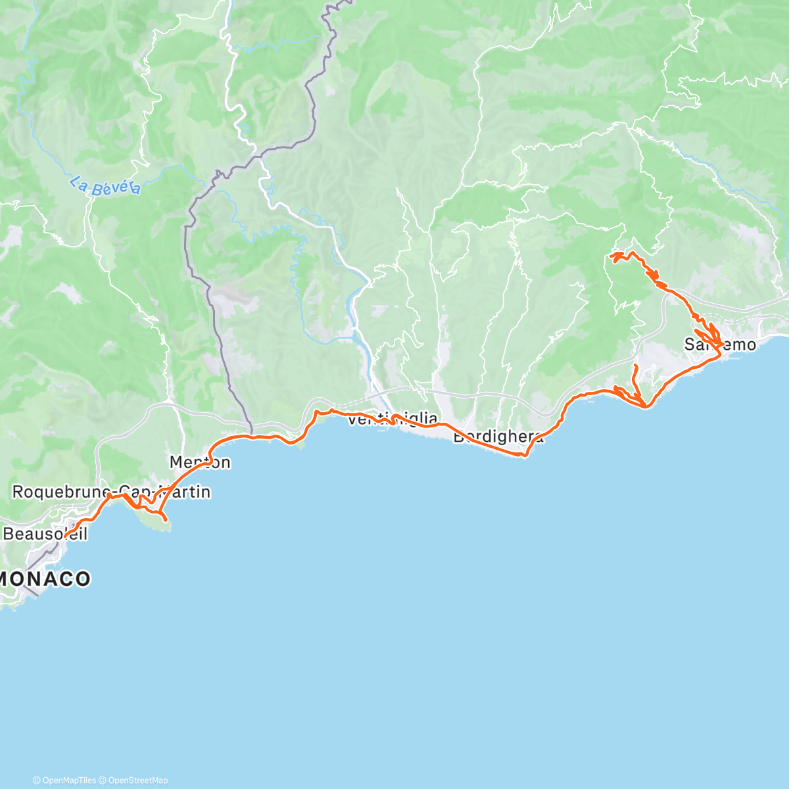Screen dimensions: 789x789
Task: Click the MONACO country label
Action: (46, 579)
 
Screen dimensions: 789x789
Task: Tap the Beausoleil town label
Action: (45, 533)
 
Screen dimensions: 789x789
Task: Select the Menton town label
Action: (200, 462)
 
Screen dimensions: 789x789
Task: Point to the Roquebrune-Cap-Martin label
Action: (112, 491)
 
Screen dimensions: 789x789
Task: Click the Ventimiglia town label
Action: (392, 419)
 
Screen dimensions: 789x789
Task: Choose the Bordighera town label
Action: (498, 437)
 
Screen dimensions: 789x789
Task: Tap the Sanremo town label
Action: (720, 344)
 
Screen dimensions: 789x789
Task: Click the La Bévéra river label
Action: (105, 187)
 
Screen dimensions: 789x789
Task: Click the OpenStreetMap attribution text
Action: (138, 780)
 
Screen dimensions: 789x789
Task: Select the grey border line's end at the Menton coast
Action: (252, 435)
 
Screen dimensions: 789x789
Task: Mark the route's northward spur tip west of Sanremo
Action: (636, 366)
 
